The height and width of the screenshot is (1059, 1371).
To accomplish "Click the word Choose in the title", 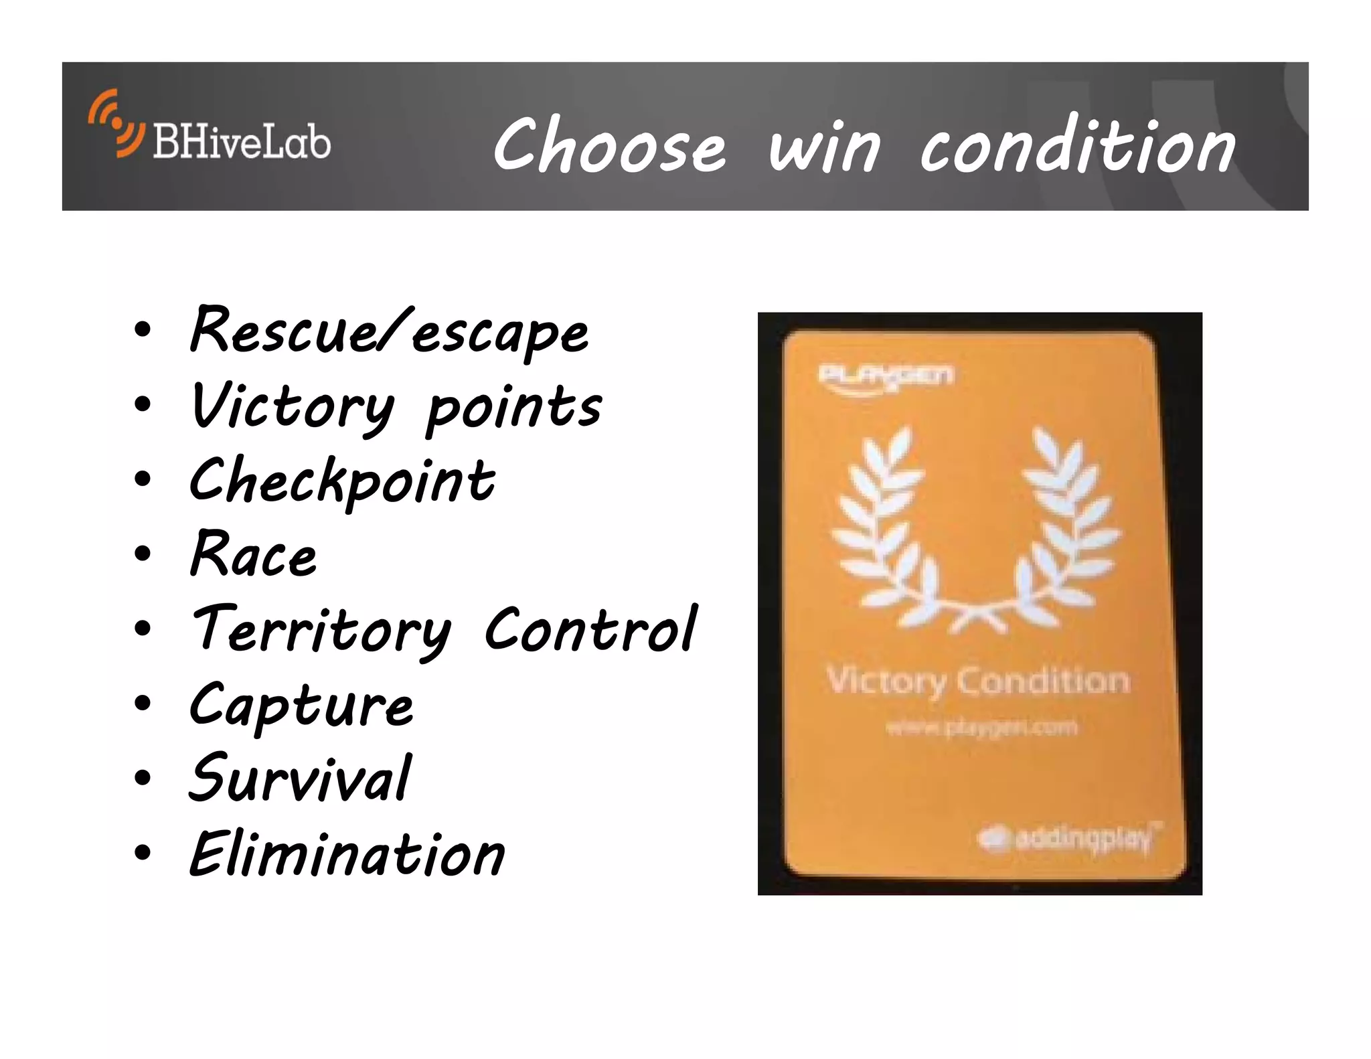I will [x=609, y=146].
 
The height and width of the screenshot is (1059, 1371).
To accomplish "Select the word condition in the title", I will [x=1078, y=146].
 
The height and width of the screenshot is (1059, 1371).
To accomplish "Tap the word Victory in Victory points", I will [x=292, y=407].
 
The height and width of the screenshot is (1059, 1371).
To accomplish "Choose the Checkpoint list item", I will [x=341, y=482].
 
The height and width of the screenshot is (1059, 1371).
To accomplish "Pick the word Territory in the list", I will [x=321, y=631].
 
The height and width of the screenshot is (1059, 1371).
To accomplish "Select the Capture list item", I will [x=301, y=706].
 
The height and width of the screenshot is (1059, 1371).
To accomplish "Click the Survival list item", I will [x=300, y=779].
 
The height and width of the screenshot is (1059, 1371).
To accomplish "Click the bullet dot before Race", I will [x=142, y=554].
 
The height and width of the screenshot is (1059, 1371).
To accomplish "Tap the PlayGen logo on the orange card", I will [x=885, y=376].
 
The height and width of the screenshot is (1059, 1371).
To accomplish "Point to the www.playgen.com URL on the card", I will [x=981, y=727].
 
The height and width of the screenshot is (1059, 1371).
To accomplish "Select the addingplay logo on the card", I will [x=1069, y=838].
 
